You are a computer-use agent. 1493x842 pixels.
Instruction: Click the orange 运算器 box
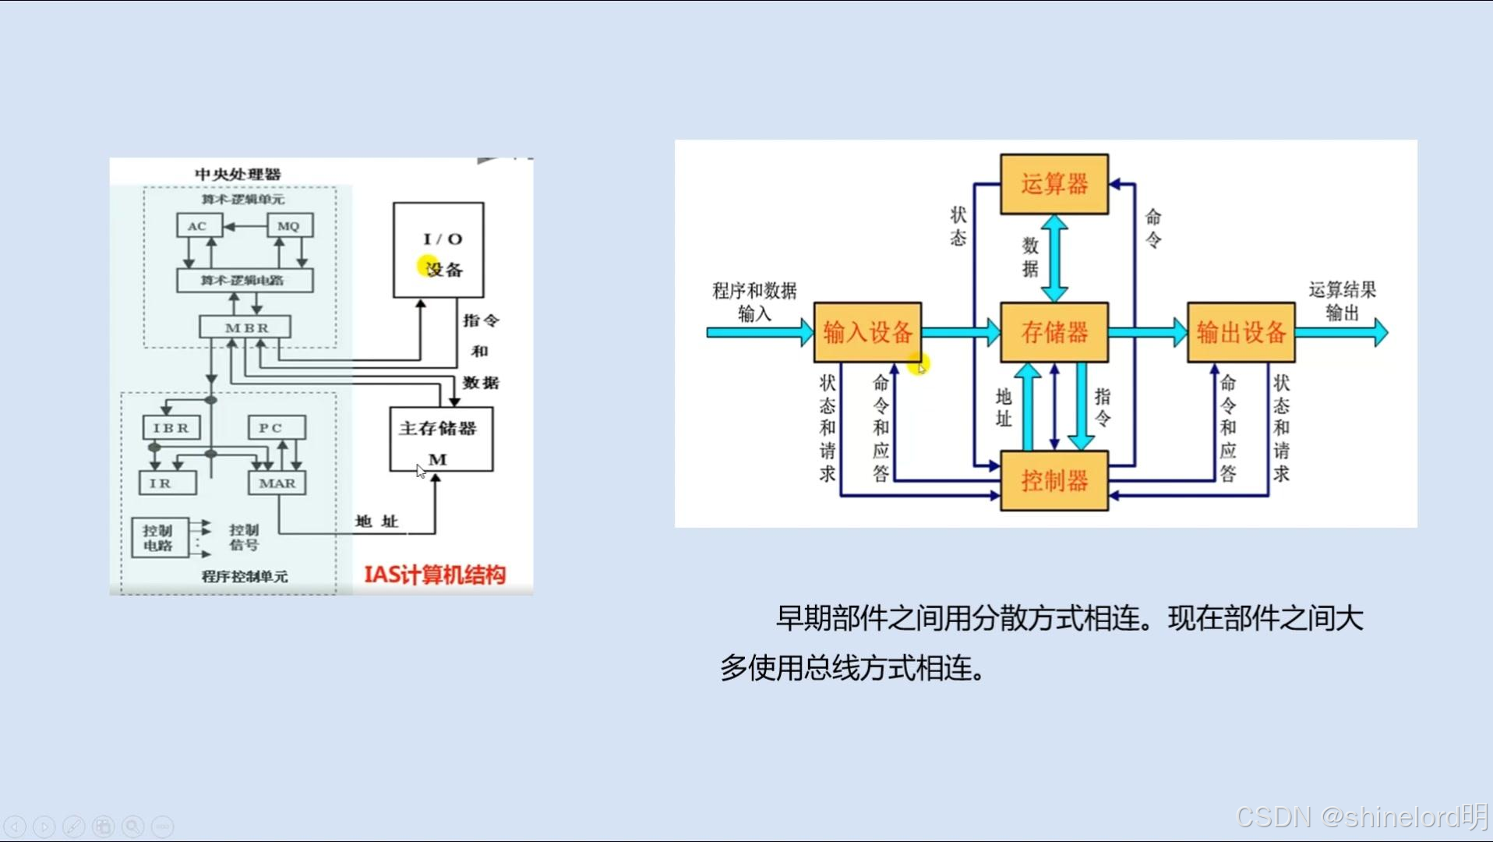pyautogui.click(x=1054, y=184)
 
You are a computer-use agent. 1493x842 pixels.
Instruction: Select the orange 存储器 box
pyautogui.click(x=1054, y=332)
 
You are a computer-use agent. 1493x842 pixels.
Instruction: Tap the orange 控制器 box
pyautogui.click(x=1054, y=480)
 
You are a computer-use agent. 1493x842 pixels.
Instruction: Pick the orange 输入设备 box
pyautogui.click(x=867, y=332)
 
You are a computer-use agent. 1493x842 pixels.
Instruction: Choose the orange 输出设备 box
pyautogui.click(x=1241, y=332)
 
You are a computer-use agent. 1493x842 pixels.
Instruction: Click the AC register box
pyautogui.click(x=198, y=226)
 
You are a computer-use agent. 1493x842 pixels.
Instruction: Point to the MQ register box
pyautogui.click(x=289, y=226)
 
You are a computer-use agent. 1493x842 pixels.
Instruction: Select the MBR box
pyautogui.click(x=245, y=327)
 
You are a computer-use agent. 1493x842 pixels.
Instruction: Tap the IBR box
pyautogui.click(x=171, y=428)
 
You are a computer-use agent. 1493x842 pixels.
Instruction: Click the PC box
pyautogui.click(x=277, y=428)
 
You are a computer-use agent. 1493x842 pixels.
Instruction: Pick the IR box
pyautogui.click(x=167, y=483)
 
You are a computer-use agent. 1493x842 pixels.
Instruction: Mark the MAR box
pyautogui.click(x=277, y=483)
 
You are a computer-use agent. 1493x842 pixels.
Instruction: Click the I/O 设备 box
pyautogui.click(x=438, y=250)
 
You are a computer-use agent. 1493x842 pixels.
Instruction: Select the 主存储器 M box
pyautogui.click(x=441, y=439)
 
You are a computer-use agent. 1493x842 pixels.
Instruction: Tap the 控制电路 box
pyautogui.click(x=160, y=538)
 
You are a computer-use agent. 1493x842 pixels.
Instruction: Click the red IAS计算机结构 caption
pyautogui.click(x=435, y=575)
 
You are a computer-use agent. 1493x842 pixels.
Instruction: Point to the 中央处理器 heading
pyautogui.click(x=238, y=174)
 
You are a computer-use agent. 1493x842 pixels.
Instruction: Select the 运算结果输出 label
pyautogui.click(x=1342, y=301)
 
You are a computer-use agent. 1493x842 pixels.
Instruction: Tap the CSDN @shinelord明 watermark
pyautogui.click(x=1361, y=816)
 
